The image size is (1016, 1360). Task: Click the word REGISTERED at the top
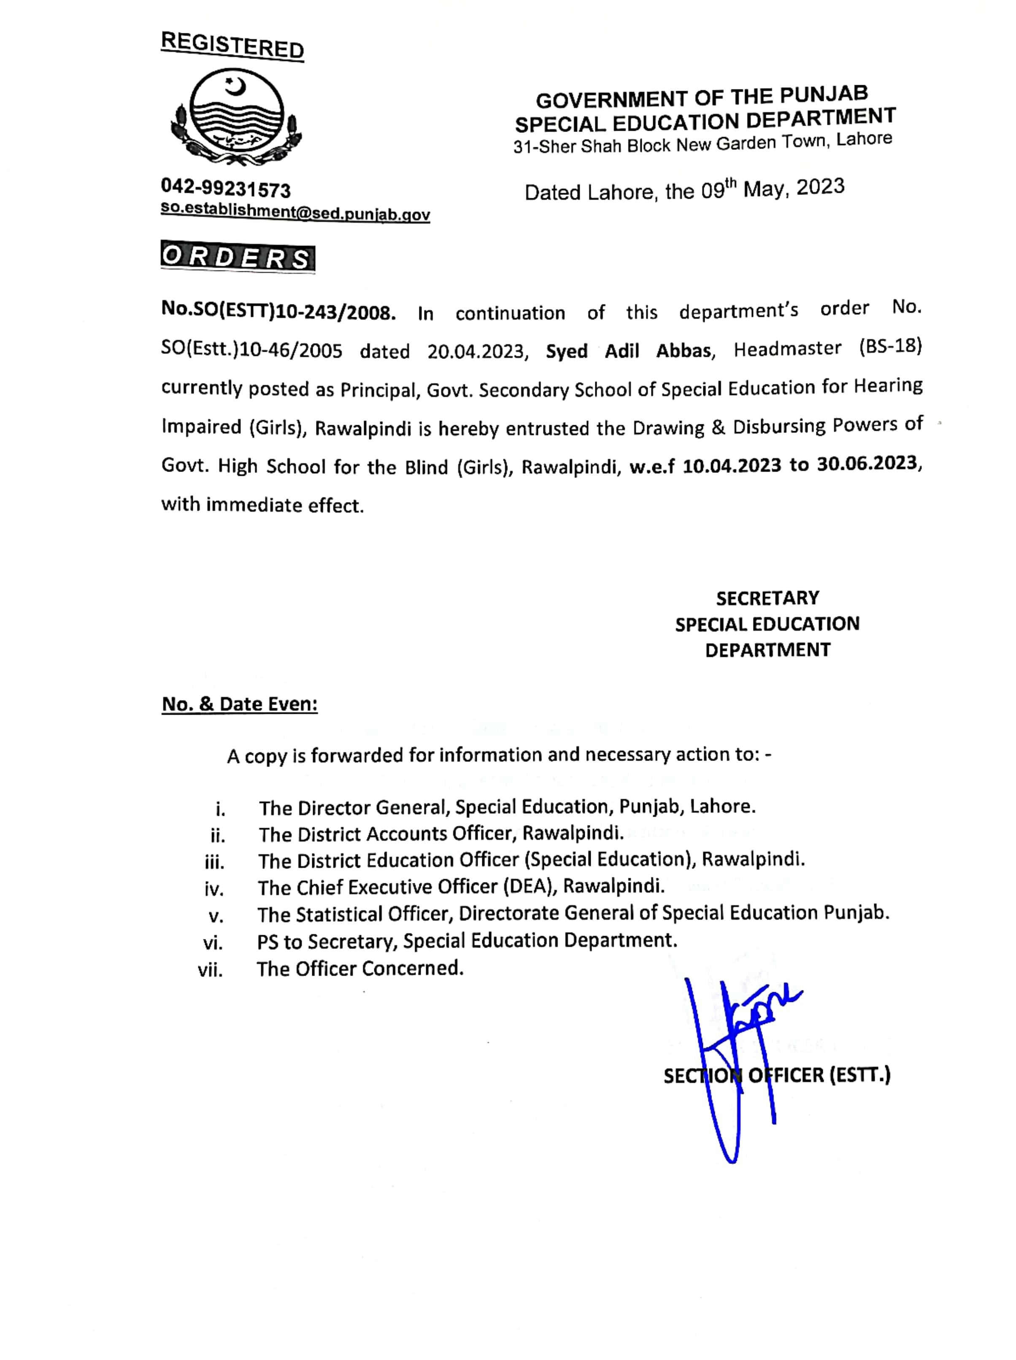(232, 46)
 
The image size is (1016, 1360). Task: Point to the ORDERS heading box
(238, 257)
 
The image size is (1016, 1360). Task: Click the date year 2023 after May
(820, 186)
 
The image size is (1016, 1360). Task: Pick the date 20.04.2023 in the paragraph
(478, 351)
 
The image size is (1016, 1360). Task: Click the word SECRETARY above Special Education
(767, 598)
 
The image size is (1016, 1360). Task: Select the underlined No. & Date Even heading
(239, 704)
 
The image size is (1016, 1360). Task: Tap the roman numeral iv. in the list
(214, 888)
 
